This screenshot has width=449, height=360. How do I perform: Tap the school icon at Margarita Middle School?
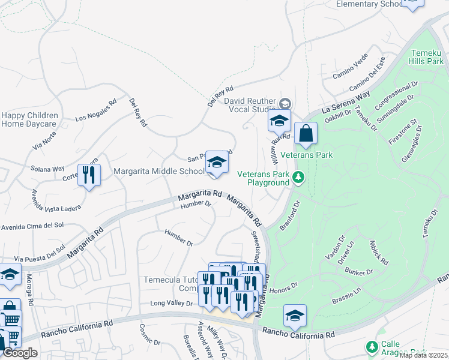tap(217, 162)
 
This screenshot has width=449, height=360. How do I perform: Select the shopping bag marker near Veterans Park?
tap(306, 134)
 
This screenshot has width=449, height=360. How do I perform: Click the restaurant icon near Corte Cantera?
tap(89, 175)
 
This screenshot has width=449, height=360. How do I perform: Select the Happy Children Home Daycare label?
tap(29, 119)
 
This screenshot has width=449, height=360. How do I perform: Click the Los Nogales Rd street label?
tap(95, 110)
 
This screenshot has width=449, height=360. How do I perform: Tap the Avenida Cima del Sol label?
tap(32, 226)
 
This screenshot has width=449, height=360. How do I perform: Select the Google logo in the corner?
tap(20, 353)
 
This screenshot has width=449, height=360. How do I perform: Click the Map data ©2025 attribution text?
tap(424, 355)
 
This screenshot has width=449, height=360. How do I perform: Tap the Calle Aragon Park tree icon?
tap(372, 347)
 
